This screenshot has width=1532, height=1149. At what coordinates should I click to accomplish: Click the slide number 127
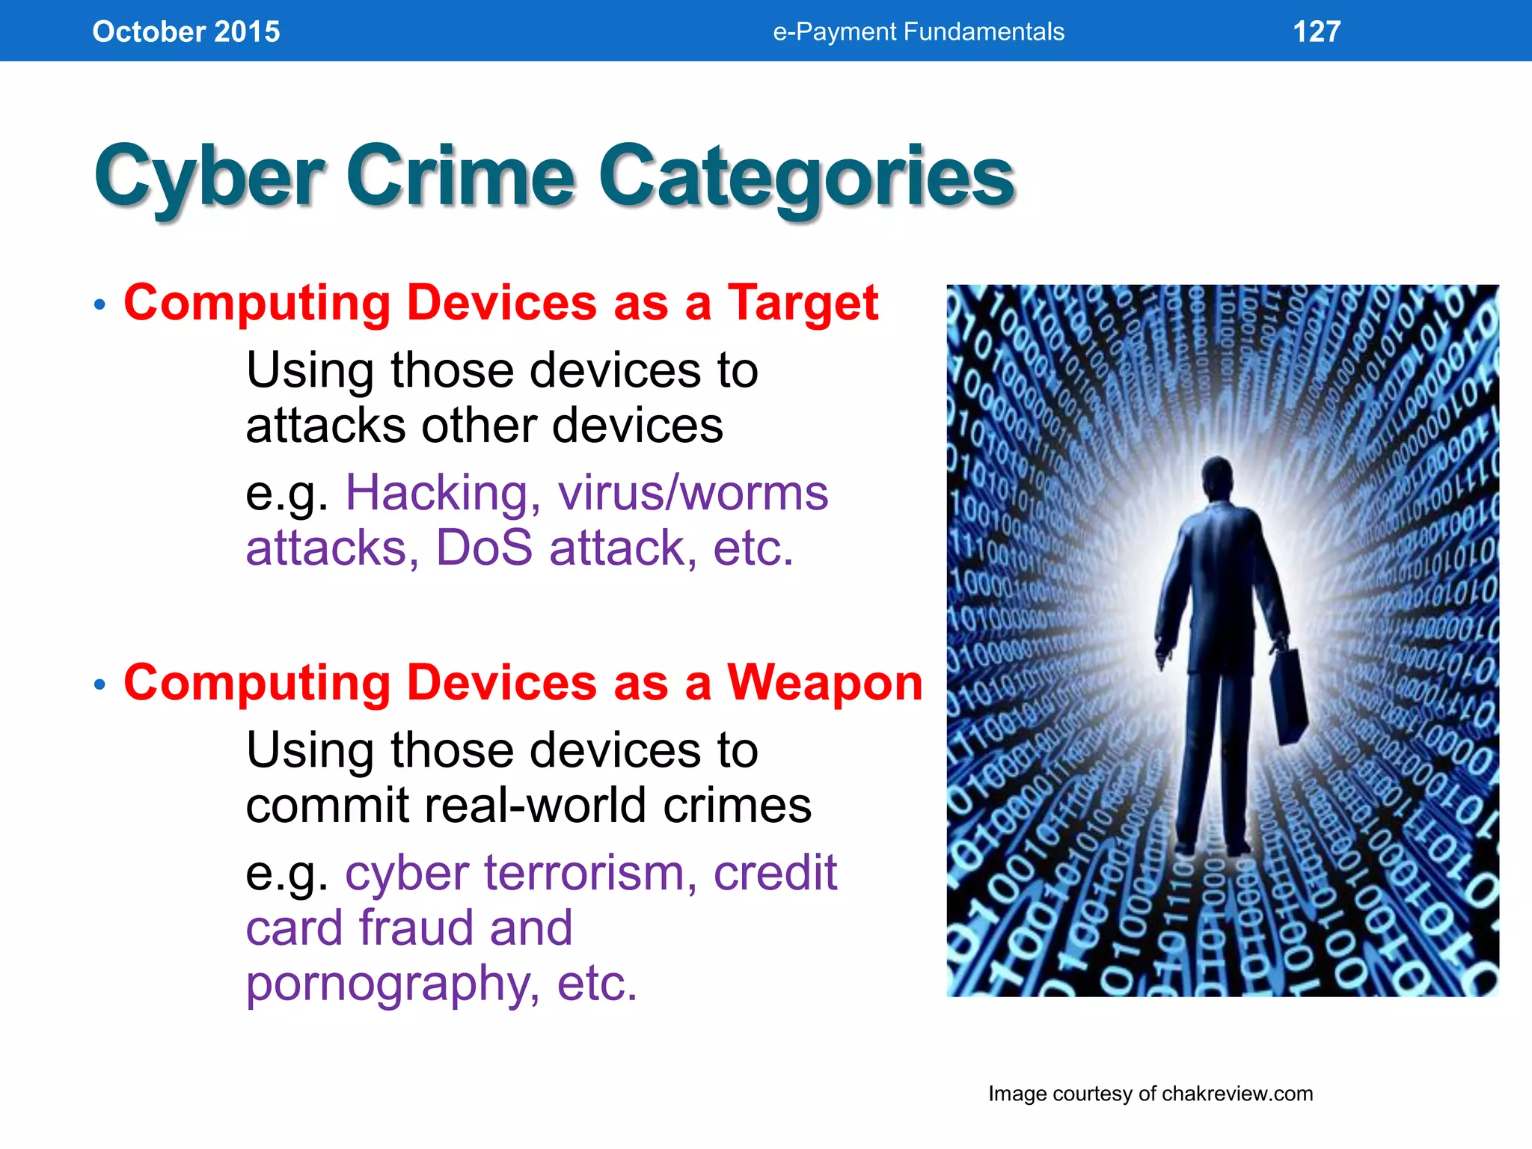pyautogui.click(x=1317, y=31)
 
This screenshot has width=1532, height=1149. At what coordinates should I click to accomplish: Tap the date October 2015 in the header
pyautogui.click(x=186, y=31)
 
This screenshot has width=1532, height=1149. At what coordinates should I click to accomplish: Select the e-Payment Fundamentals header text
pyautogui.click(x=919, y=31)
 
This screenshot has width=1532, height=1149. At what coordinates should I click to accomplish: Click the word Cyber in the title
pyautogui.click(x=209, y=178)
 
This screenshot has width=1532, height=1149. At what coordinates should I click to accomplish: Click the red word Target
pyautogui.click(x=803, y=303)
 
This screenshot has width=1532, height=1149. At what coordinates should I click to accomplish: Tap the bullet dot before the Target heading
pyautogui.click(x=100, y=305)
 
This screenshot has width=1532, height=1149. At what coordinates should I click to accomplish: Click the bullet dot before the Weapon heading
pyautogui.click(x=100, y=684)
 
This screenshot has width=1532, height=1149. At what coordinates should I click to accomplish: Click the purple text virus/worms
pyautogui.click(x=693, y=494)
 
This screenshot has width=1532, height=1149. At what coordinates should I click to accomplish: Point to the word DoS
pyautogui.click(x=484, y=548)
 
